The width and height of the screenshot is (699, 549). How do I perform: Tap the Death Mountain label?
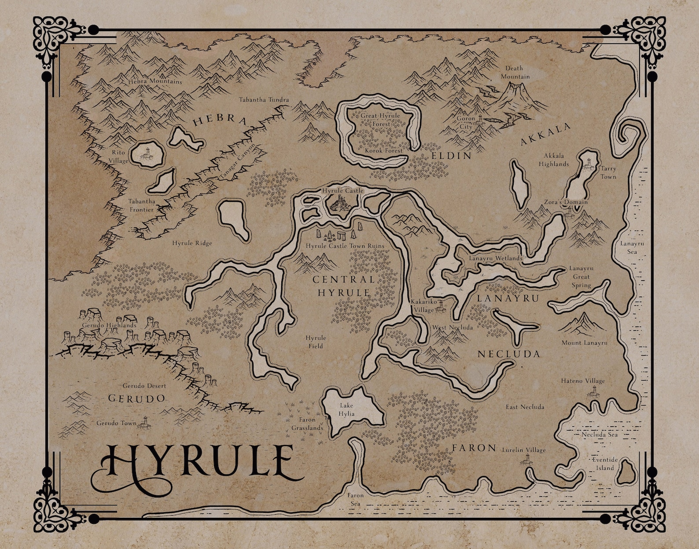pyautogui.click(x=514, y=72)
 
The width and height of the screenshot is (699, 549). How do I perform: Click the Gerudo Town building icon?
pyautogui.click(x=145, y=423)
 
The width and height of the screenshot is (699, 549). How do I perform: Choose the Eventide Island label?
pyautogui.click(x=605, y=464)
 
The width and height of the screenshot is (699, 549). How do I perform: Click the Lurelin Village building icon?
pyautogui.click(x=526, y=460)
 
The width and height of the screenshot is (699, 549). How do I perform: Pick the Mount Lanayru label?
pyautogui.click(x=584, y=343)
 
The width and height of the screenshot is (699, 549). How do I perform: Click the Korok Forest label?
pyautogui.click(x=384, y=150)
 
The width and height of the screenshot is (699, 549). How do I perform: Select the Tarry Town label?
pyautogui.click(x=608, y=172)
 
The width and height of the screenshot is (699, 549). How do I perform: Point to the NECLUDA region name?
pyautogui.click(x=508, y=354)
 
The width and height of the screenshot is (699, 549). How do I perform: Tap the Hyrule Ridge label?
pyautogui.click(x=192, y=243)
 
